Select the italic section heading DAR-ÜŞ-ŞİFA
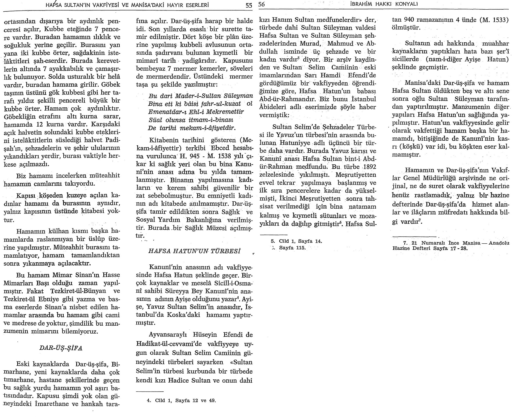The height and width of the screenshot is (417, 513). (61, 348)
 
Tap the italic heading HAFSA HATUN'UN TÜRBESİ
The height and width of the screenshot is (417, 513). (194, 251)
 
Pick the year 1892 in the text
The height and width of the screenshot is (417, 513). (368, 167)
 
